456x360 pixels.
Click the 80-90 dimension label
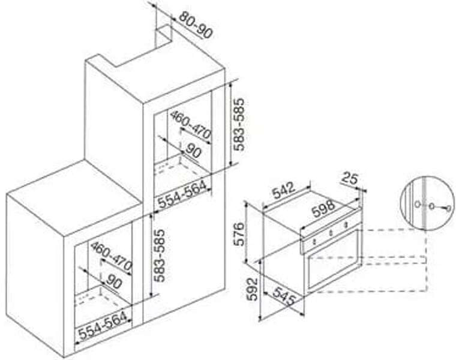tap(196, 25)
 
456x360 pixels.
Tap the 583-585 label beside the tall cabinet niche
tap(239, 124)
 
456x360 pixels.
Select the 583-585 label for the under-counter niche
tap(160, 256)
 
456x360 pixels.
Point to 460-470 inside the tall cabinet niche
tap(190, 125)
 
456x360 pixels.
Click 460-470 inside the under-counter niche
tap(111, 256)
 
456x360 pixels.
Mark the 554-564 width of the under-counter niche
tap(103, 326)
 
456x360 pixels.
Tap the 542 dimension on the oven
tap(283, 190)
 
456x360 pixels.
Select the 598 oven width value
tap(323, 208)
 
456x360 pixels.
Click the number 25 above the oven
tap(349, 178)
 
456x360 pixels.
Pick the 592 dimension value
tap(253, 289)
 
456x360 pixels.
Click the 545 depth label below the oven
tap(284, 296)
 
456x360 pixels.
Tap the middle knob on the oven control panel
tap(331, 233)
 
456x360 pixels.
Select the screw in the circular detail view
tap(440, 207)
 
